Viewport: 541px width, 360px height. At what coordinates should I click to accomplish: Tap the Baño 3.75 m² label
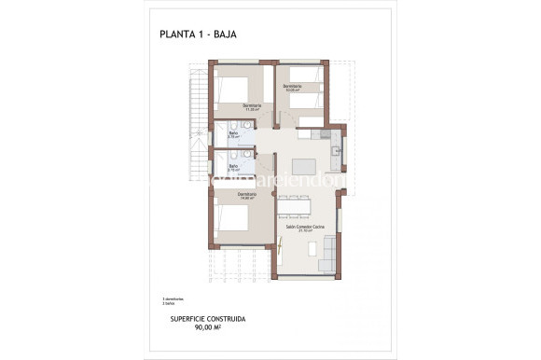(x=233, y=134)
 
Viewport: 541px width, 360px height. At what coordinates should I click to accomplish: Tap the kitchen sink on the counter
(x=337, y=152)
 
